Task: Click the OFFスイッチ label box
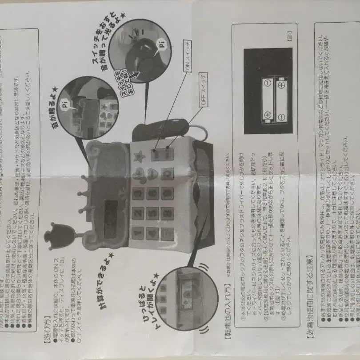tap(203, 89)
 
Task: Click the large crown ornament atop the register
tap(60, 235)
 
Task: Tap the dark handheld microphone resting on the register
tap(160, 130)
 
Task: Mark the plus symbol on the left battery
tap(268, 115)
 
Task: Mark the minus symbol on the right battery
tap(281, 83)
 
